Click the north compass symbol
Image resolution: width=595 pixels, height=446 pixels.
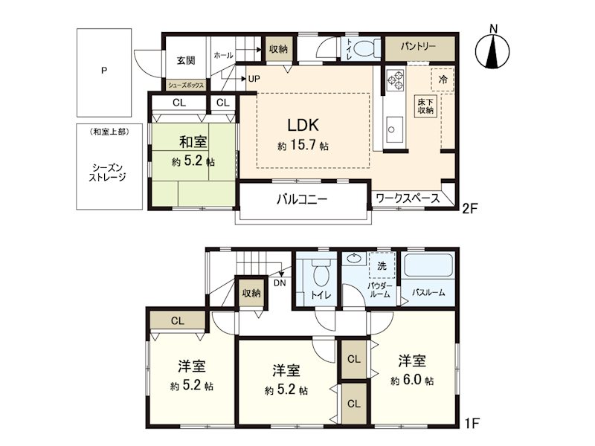[492, 48]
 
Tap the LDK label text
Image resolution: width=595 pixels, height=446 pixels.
[303, 125]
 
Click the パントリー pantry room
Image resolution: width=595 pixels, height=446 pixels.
[419, 48]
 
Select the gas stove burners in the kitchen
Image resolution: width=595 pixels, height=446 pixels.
[395, 80]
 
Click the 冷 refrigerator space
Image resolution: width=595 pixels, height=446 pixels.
[443, 80]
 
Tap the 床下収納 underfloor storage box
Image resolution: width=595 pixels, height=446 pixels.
[425, 106]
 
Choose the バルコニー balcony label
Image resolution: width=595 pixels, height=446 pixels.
[302, 198]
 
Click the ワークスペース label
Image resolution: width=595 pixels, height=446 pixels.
[408, 198]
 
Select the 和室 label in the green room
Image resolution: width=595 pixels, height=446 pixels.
[193, 142]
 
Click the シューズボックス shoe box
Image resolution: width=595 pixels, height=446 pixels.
[186, 85]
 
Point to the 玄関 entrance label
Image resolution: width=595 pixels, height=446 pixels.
[186, 60]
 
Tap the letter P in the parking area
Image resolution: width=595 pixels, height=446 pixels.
[103, 71]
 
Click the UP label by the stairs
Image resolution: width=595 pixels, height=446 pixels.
[254, 79]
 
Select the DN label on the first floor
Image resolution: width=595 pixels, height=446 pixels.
[280, 283]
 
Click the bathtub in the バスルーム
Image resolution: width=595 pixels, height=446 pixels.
[428, 265]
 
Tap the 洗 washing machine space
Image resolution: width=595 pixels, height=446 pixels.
[382, 265]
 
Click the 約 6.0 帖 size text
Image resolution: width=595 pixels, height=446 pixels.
[412, 380]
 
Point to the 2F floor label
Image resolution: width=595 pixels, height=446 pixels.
[469, 208]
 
